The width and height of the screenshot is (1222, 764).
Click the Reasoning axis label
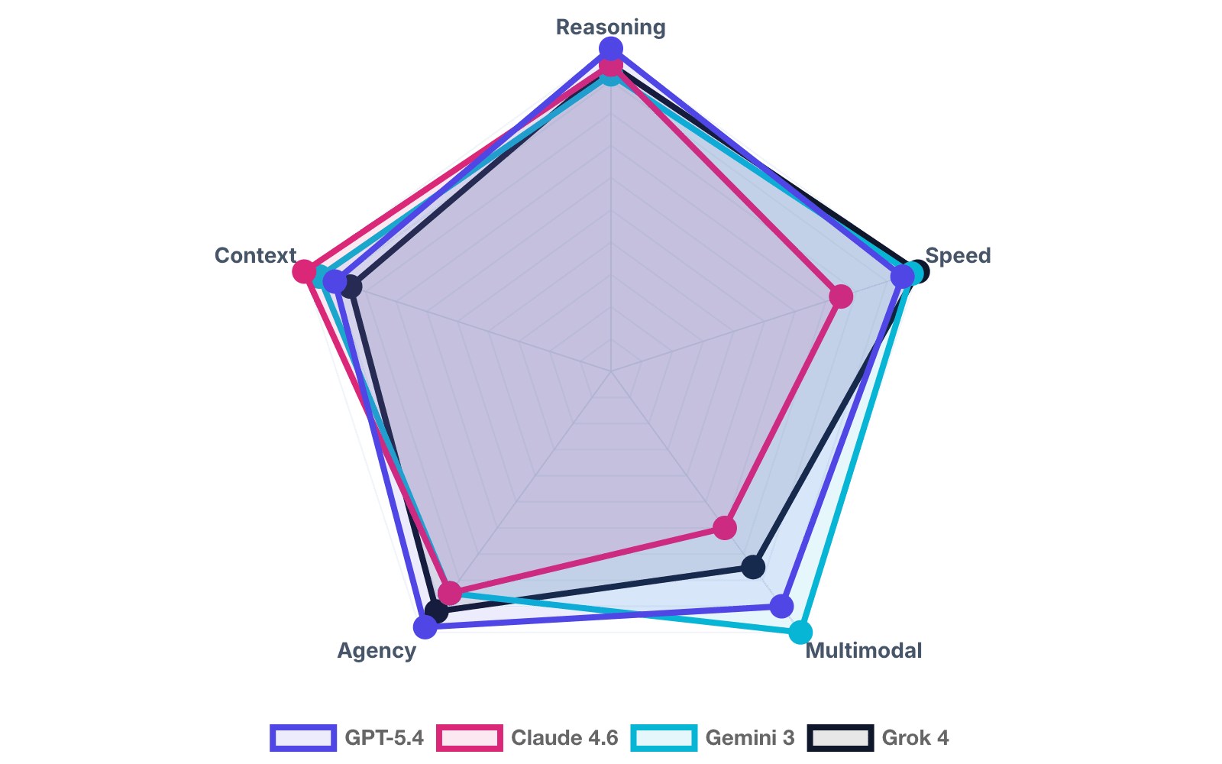pyautogui.click(x=610, y=28)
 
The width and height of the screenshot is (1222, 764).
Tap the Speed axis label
pyautogui.click(x=958, y=255)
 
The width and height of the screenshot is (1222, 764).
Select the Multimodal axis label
pyautogui.click(x=864, y=651)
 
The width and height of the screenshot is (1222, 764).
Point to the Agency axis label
pyautogui.click(x=377, y=651)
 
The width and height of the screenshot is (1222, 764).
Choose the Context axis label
pyautogui.click(x=255, y=255)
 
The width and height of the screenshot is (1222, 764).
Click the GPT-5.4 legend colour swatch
pyautogui.click(x=303, y=738)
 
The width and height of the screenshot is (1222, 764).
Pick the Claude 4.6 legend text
pyautogui.click(x=564, y=738)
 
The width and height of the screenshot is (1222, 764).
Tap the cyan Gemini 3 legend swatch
pyautogui.click(x=664, y=738)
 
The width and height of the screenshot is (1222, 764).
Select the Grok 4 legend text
pyautogui.click(x=915, y=738)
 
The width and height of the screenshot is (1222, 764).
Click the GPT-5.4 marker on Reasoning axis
pyautogui.click(x=610, y=50)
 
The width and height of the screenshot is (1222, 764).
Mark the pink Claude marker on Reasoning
pyautogui.click(x=610, y=67)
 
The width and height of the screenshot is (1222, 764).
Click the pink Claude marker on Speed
pyautogui.click(x=841, y=296)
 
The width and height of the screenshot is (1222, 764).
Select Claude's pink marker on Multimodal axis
pyautogui.click(x=725, y=527)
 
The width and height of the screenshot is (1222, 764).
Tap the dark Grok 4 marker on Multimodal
pyautogui.click(x=753, y=567)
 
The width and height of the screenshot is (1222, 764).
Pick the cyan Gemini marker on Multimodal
pyautogui.click(x=800, y=632)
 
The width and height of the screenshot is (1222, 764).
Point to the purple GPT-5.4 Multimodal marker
pyautogui.click(x=781, y=607)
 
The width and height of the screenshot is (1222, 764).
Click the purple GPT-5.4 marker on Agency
pyautogui.click(x=425, y=627)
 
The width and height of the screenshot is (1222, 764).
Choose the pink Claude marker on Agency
pyautogui.click(x=450, y=593)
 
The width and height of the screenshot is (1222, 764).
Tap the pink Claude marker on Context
pyautogui.click(x=304, y=271)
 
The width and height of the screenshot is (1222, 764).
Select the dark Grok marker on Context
pyautogui.click(x=351, y=287)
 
